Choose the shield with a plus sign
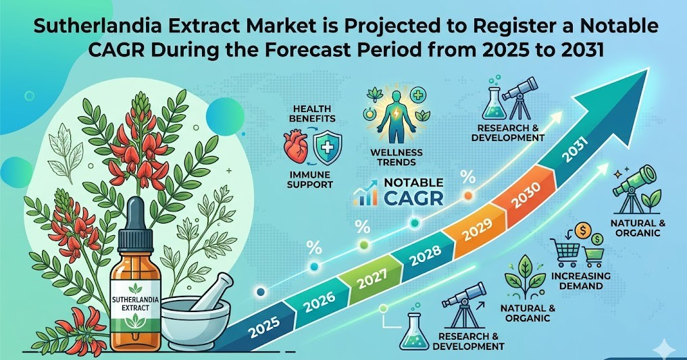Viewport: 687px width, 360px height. click(328, 149)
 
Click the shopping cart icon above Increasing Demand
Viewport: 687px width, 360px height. click(567, 251)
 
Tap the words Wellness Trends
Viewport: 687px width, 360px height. click(396, 157)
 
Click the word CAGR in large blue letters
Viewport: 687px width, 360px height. click(413, 199)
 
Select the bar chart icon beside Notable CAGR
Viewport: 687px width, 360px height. click(366, 192)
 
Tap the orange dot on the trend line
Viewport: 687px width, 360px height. click(468, 195)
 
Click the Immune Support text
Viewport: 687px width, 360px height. click(310, 180)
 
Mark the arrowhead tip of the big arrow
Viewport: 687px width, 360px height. click(648, 68)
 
